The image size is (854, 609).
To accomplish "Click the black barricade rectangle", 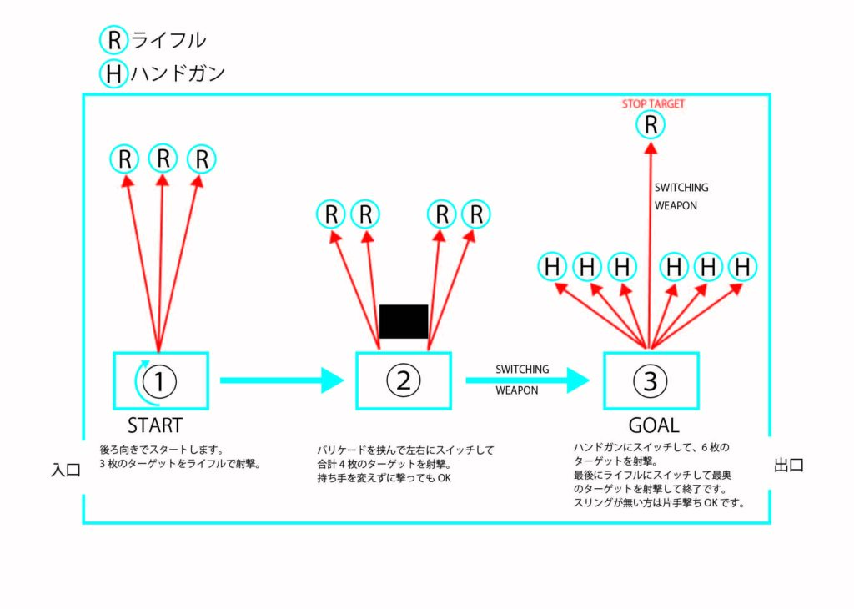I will [x=404, y=321].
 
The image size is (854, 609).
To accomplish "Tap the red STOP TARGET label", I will [x=653, y=104].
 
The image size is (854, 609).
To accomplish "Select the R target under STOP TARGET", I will [x=651, y=126].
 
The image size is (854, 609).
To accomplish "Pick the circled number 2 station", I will [x=404, y=380].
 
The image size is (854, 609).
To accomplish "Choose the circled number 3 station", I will [x=651, y=380].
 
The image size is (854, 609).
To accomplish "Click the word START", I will [x=154, y=425].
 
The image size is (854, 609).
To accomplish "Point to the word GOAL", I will [x=654, y=425].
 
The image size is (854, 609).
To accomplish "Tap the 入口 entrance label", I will [x=65, y=471].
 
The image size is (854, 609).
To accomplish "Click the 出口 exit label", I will [x=789, y=466].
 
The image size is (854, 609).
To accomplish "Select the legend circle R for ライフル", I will [x=113, y=40].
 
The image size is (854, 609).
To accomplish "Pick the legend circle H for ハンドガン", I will [x=113, y=74].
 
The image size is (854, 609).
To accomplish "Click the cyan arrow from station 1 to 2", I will [x=281, y=380].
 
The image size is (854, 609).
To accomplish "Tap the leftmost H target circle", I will [x=552, y=268].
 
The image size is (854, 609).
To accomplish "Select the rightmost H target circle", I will [x=741, y=268].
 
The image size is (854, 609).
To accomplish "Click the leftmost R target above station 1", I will [x=125, y=159].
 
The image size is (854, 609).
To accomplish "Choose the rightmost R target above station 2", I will [x=476, y=214].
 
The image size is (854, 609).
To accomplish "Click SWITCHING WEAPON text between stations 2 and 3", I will [x=522, y=380].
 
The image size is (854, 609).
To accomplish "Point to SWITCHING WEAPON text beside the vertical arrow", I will [x=681, y=197].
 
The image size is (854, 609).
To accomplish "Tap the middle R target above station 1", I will [x=163, y=159].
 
